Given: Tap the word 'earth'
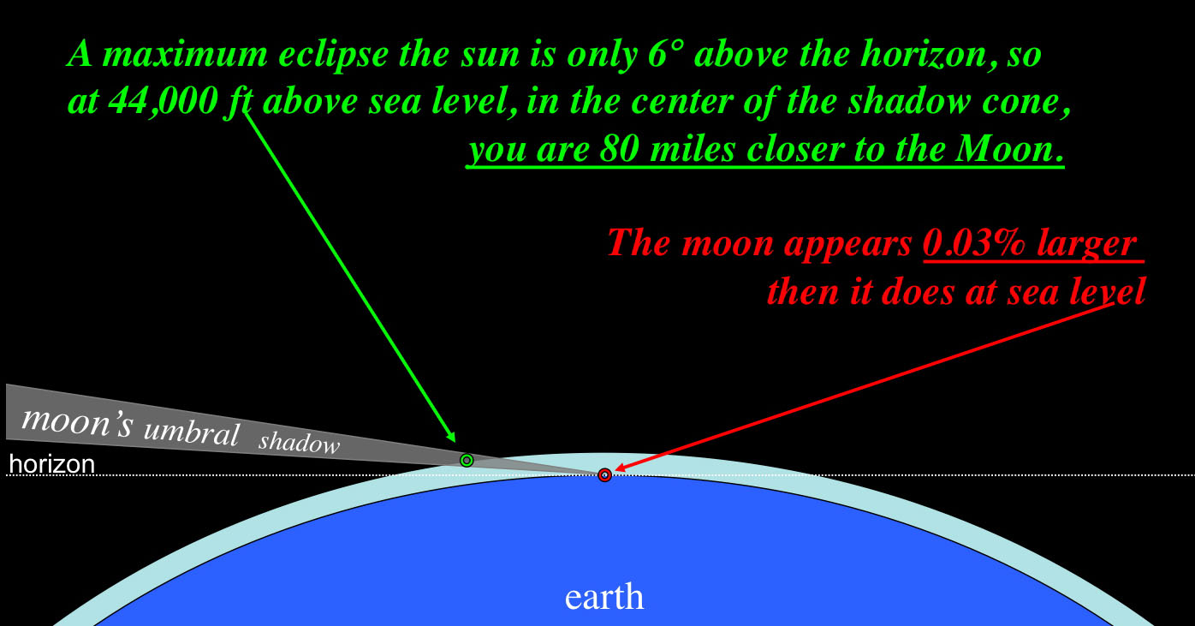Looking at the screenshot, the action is coord(604,597).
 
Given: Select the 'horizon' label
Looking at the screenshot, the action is coord(51,464).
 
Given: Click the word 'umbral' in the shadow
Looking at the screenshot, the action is coord(192,432).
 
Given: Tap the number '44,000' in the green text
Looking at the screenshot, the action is coord(163,100).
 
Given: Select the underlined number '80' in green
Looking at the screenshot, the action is coord(620,149).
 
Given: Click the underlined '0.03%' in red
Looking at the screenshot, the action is coord(974,244).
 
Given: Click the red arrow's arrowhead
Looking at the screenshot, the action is coord(621,468).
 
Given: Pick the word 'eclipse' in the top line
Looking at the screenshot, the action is coord(334,55).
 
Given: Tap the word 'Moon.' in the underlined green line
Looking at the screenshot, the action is coord(1009,149).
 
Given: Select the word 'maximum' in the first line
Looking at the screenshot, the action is coord(185,55).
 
